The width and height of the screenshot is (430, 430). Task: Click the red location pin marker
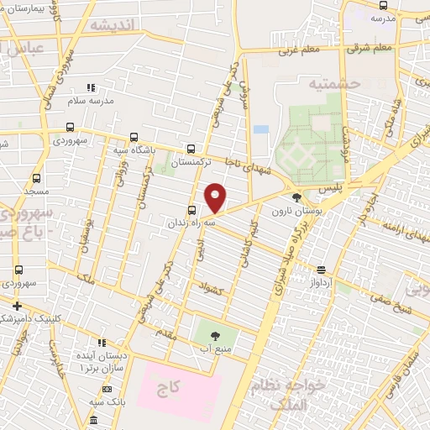point(216,198)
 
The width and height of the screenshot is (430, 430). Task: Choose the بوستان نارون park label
point(291,212)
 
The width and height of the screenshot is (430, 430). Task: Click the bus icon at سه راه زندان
point(192,210)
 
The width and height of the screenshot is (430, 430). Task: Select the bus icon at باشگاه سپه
point(134,139)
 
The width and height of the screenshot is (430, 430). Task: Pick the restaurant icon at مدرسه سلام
point(92,87)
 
